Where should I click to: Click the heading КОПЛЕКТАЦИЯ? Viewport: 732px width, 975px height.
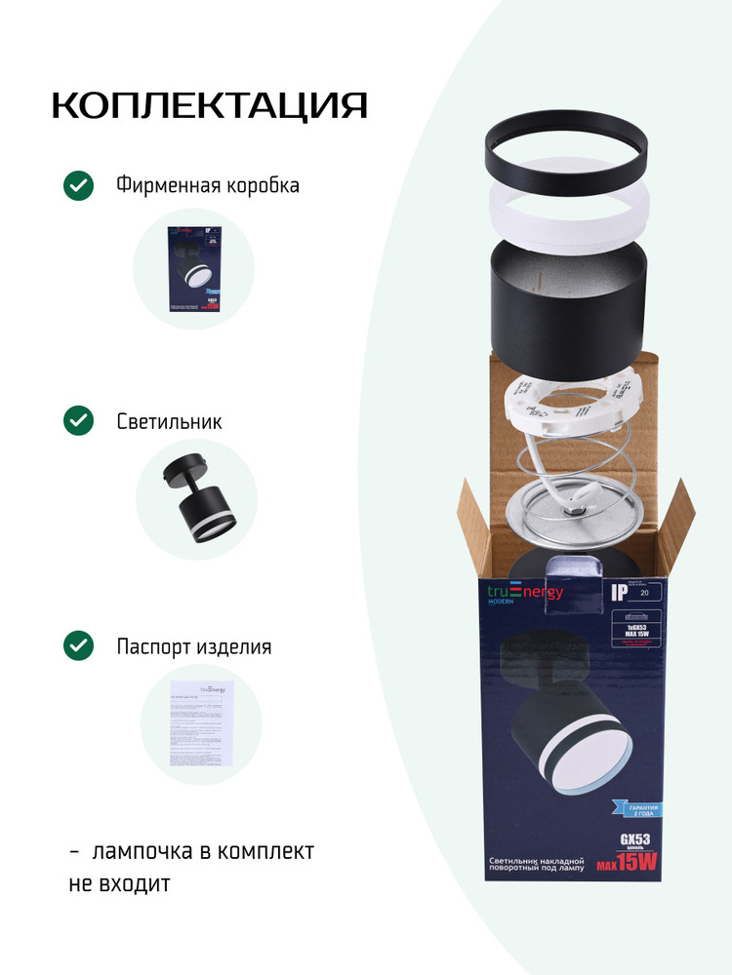tap(209, 105)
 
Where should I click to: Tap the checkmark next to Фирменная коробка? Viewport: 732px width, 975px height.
tap(78, 185)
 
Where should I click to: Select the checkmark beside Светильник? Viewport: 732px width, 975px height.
tap(78, 421)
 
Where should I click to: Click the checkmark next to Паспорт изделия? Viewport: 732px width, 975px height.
tap(78, 645)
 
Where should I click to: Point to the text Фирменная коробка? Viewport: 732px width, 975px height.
tap(208, 185)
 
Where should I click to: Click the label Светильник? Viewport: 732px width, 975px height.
tap(169, 421)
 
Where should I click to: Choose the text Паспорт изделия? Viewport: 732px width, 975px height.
tap(193, 646)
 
